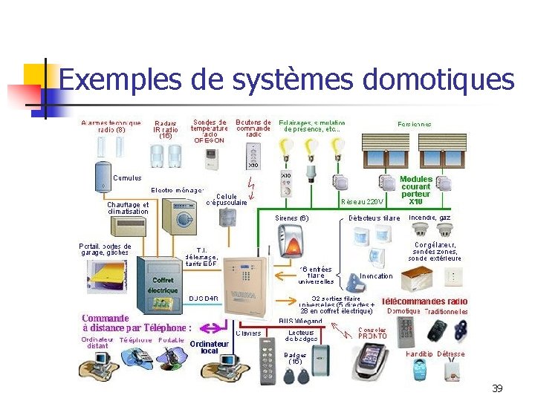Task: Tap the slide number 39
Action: tap(497, 388)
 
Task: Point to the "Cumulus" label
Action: tap(127, 178)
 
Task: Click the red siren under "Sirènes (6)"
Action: tap(291, 241)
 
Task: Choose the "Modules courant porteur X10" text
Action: tap(415, 190)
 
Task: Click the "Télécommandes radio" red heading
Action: tap(424, 301)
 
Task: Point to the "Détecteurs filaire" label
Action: tap(374, 218)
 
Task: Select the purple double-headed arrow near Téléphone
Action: tap(215, 327)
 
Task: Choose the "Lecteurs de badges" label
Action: tap(301, 336)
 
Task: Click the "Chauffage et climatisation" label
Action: tap(128, 208)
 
